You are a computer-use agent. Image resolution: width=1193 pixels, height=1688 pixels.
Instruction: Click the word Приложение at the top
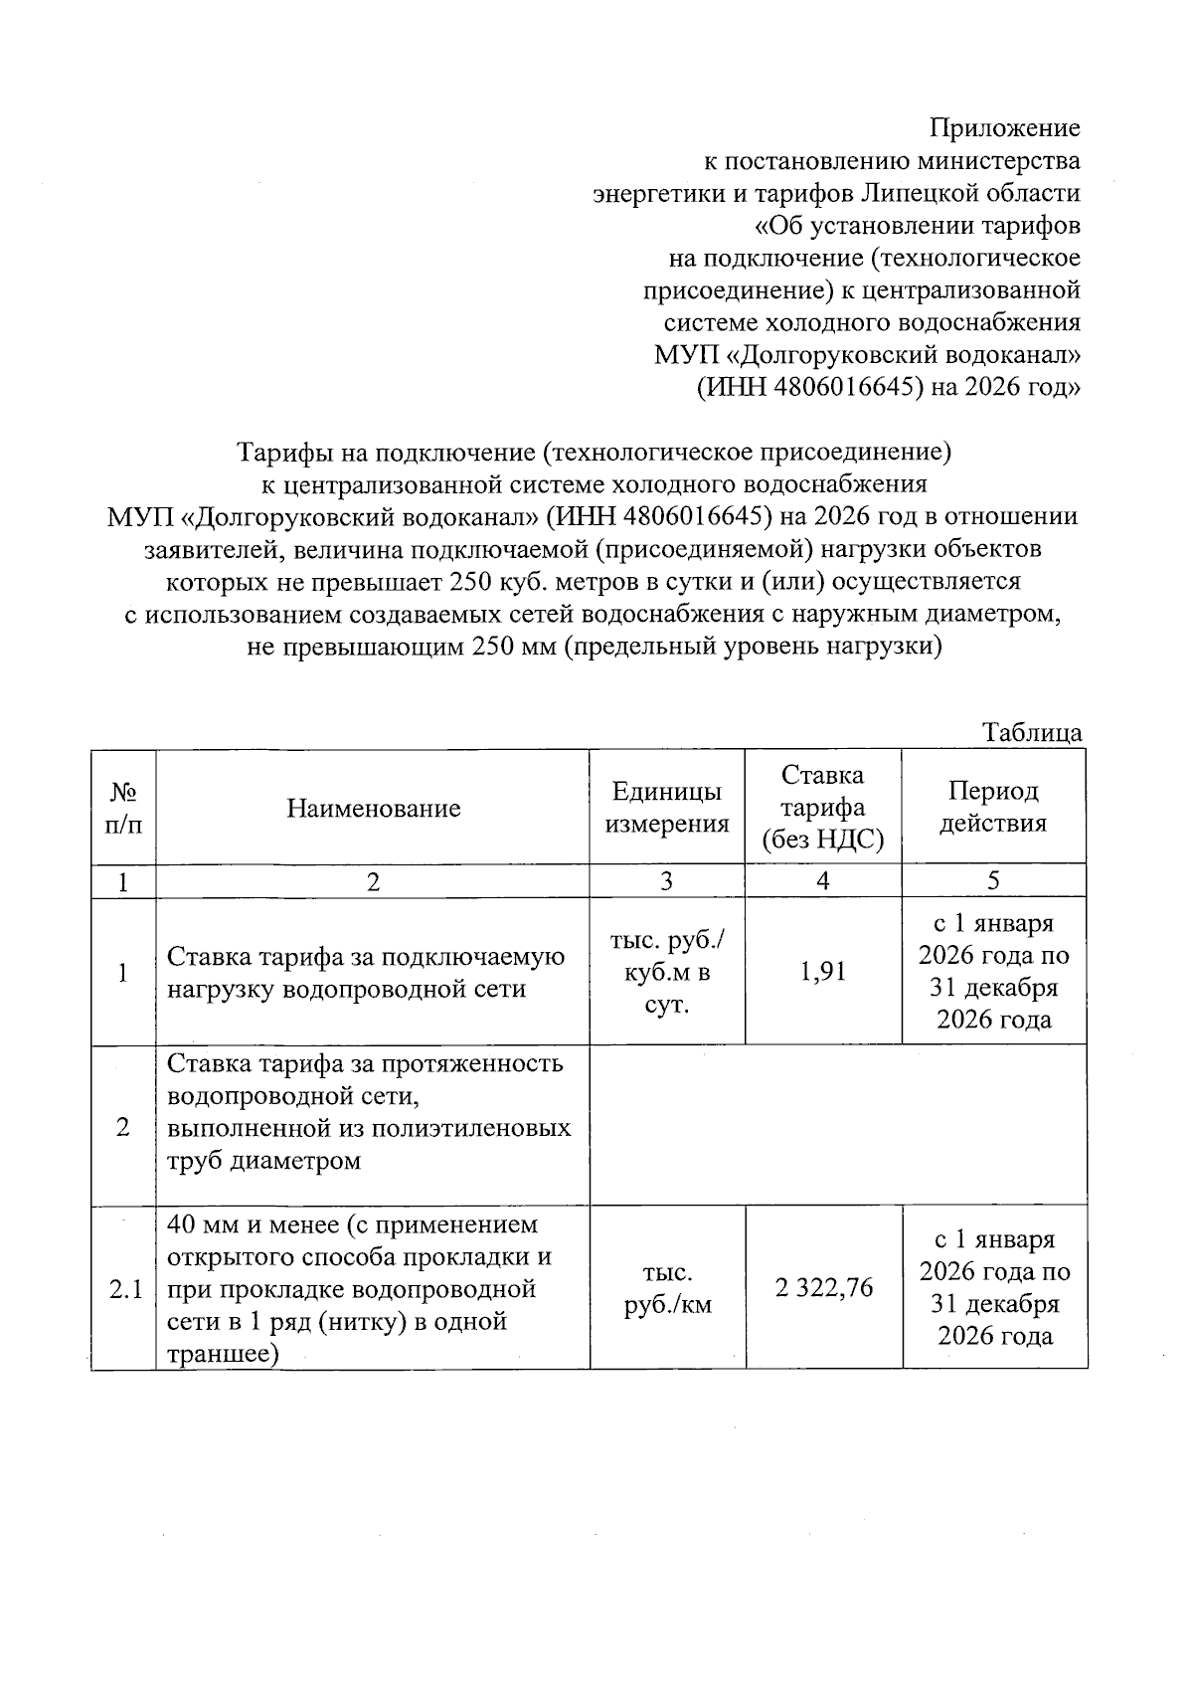(x=1004, y=128)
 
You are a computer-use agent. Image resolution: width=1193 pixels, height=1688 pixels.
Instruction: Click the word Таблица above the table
(x=1032, y=733)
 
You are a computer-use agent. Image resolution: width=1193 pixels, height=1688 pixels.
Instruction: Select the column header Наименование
(x=374, y=808)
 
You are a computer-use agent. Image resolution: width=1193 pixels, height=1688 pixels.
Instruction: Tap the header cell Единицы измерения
(x=667, y=808)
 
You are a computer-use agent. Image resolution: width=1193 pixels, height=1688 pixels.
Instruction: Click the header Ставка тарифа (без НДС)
(x=823, y=808)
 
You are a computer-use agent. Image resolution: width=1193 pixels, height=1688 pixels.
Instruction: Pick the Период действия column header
(x=993, y=808)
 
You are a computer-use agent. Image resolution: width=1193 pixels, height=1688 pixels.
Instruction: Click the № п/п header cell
(x=123, y=808)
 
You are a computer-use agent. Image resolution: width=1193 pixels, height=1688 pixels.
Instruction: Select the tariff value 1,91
(x=823, y=972)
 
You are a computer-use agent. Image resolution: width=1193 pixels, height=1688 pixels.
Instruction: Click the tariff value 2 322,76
(x=823, y=1288)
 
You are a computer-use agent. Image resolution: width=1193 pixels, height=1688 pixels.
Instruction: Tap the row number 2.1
(x=124, y=1289)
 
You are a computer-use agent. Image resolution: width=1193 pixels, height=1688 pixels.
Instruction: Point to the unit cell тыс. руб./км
(x=667, y=1288)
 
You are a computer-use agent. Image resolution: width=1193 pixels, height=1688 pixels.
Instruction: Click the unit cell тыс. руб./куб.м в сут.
(x=667, y=972)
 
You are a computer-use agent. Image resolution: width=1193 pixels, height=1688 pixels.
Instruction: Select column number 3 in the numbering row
(x=667, y=881)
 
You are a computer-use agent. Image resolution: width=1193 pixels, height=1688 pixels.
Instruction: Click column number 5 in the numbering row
(x=993, y=881)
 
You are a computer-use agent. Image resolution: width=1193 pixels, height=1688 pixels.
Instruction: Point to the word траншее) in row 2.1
(x=224, y=1354)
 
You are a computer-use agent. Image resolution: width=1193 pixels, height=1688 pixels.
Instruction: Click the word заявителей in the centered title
(x=216, y=550)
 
